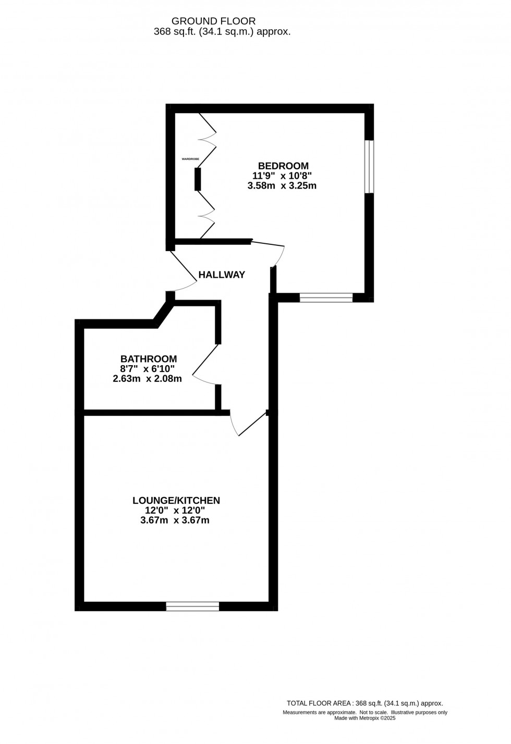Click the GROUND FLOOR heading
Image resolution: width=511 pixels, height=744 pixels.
pyautogui.click(x=214, y=21)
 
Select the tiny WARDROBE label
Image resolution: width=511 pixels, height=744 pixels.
pyautogui.click(x=190, y=158)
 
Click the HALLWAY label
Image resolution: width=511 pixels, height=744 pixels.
pyautogui.click(x=222, y=275)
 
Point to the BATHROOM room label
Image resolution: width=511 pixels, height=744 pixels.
pyautogui.click(x=149, y=359)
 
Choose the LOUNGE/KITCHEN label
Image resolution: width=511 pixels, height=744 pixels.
pyautogui.click(x=176, y=501)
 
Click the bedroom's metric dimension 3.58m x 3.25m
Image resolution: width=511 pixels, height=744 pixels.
pyautogui.click(x=282, y=185)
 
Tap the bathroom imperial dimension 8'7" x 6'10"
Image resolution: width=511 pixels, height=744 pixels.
pyautogui.click(x=148, y=369)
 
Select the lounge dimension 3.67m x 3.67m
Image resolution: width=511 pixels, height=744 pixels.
pyautogui.click(x=175, y=520)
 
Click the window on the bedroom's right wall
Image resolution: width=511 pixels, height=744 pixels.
pyautogui.click(x=369, y=166)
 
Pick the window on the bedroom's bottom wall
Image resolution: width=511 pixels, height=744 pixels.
pyautogui.click(x=326, y=298)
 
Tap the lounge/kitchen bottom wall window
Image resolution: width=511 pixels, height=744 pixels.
pyautogui.click(x=192, y=606)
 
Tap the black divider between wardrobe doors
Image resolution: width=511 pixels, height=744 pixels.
pyautogui.click(x=198, y=179)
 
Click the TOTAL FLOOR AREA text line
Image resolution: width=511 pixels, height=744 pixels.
pyautogui.click(x=365, y=703)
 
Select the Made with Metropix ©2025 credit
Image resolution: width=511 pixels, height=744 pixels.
pyautogui.click(x=365, y=718)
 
